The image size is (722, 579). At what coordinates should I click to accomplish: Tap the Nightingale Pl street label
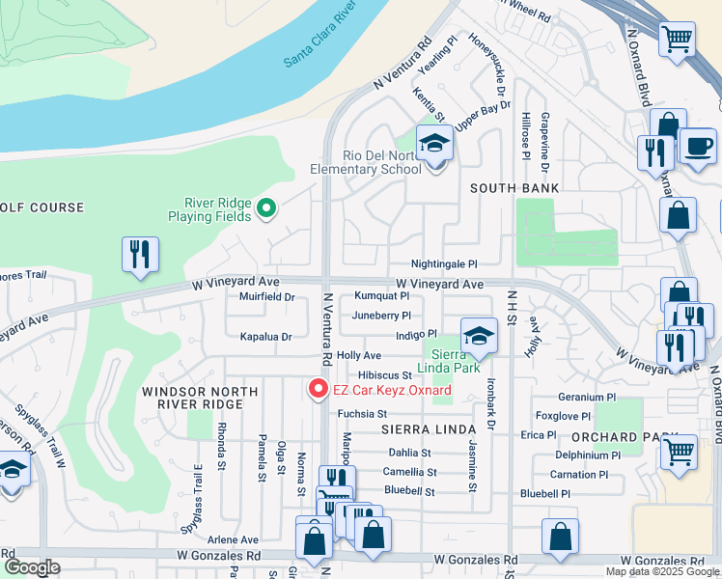(444, 263)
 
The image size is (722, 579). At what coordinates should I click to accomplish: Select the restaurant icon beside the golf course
(140, 253)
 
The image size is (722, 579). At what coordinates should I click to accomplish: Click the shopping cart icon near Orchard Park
(680, 450)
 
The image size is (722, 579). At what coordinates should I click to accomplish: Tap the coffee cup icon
(698, 146)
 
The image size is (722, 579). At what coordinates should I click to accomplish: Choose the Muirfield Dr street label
(266, 297)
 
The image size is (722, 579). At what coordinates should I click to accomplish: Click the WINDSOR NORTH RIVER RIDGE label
(188, 399)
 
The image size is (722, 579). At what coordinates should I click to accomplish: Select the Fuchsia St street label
(362, 414)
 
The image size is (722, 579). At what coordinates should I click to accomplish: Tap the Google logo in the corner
(33, 567)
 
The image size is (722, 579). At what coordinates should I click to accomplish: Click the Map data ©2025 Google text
(661, 571)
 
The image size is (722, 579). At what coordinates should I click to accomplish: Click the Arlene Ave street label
(236, 539)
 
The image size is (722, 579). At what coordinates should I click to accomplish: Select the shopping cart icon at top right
(677, 40)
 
